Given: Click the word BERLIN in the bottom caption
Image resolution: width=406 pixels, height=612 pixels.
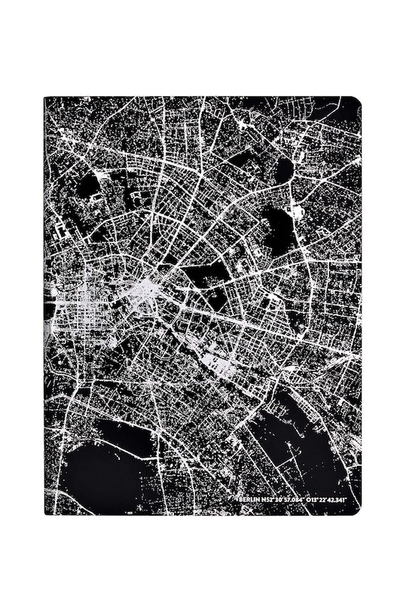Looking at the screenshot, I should pyautogui.click(x=250, y=498).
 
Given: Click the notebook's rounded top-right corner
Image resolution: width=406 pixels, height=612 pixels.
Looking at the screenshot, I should pyautogui.click(x=357, y=101).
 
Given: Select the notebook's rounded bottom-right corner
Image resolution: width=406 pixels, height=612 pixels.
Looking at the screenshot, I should pyautogui.click(x=357, y=511).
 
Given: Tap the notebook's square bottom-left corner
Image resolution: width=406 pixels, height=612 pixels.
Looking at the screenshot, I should pyautogui.click(x=46, y=513).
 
